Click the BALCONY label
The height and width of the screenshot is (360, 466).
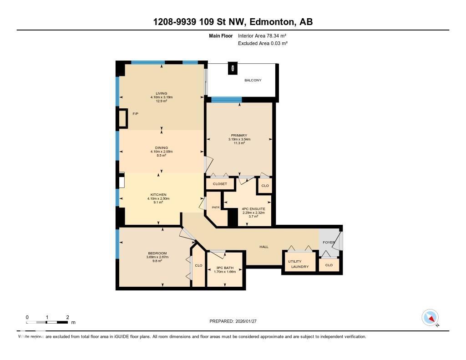pyautogui.click(x=253, y=80)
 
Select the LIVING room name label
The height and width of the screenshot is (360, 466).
pyautogui.click(x=162, y=93)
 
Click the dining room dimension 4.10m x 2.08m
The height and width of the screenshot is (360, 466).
pyautogui.click(x=162, y=152)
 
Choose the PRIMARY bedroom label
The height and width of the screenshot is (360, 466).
pyautogui.click(x=239, y=135)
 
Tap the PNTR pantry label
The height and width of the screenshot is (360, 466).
pyautogui.click(x=216, y=208)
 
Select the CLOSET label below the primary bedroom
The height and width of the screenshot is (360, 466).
pyautogui.click(x=220, y=184)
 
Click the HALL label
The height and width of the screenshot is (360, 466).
pyautogui.click(x=264, y=247)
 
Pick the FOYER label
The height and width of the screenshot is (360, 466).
pyautogui.click(x=329, y=242)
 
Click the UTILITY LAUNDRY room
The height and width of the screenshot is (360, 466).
pyautogui.click(x=299, y=264)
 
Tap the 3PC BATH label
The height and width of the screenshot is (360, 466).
pyautogui.click(x=225, y=268)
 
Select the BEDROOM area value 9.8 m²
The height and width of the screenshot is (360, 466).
pyautogui.click(x=157, y=261)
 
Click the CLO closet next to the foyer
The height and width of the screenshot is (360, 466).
pyautogui.click(x=329, y=265)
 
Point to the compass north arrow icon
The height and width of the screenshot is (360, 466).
pyautogui.click(x=430, y=318)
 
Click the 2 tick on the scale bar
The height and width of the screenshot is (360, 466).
pyautogui.click(x=67, y=317)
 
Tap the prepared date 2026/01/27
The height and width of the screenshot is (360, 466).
pyautogui.click(x=249, y=321)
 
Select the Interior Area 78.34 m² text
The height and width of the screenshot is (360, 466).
pyautogui.click(x=262, y=35)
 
